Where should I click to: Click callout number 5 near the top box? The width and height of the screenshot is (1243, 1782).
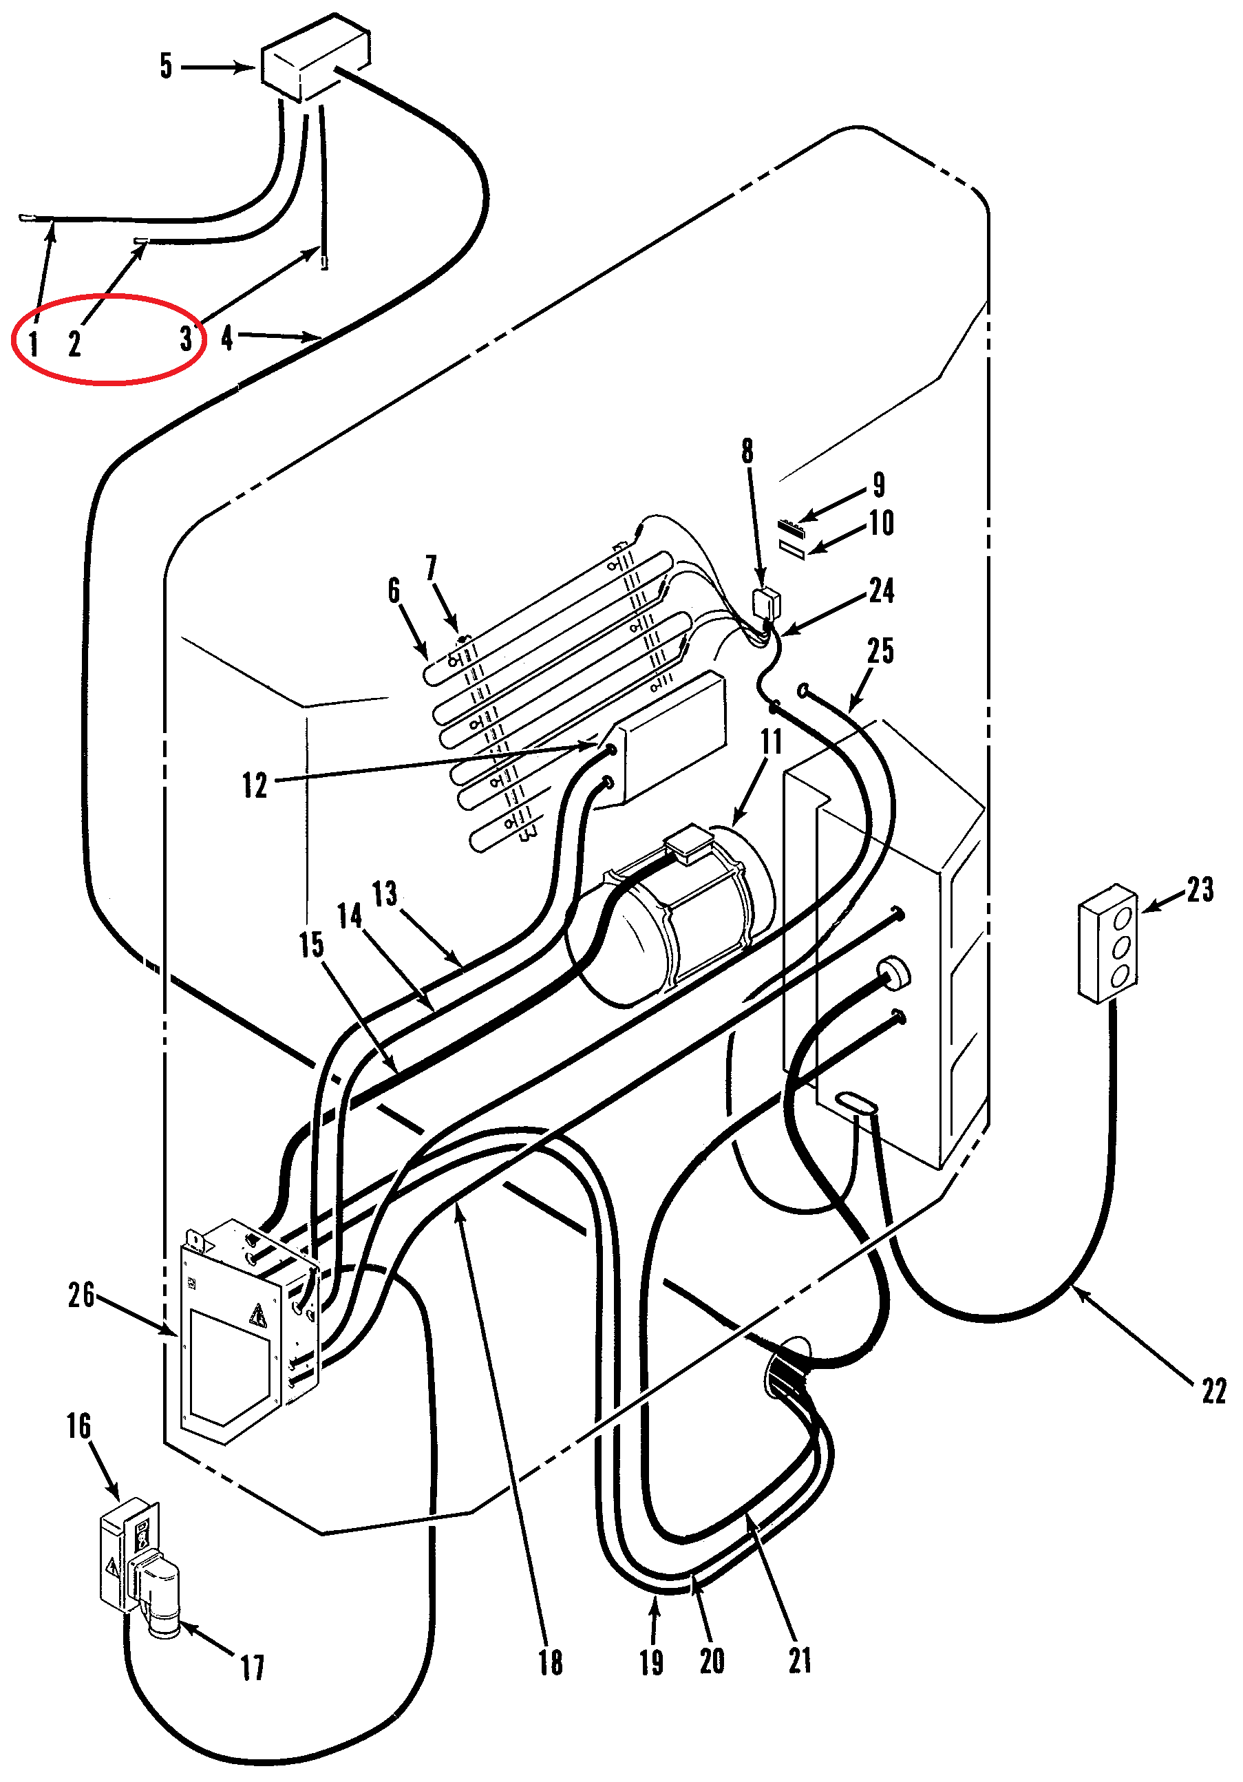coord(166,66)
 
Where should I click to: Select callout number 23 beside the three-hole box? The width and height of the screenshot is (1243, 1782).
coord(1200,889)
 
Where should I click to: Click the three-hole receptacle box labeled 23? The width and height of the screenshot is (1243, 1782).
coord(1108,943)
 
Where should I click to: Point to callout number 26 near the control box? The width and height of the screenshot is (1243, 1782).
coord(81,1295)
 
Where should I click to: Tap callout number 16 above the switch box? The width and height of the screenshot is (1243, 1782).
coord(78,1425)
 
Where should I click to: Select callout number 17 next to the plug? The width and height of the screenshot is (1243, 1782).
coord(252,1667)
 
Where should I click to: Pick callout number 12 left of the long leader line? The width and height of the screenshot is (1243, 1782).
coord(255,785)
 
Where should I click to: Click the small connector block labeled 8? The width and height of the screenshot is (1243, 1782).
coord(767,603)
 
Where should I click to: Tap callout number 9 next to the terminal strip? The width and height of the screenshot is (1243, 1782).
coord(879,485)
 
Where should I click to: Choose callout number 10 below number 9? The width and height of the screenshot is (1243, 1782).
coord(882,523)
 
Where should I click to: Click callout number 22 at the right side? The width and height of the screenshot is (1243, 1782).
coord(1214,1391)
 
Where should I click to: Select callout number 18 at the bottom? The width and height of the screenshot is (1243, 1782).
coord(550,1662)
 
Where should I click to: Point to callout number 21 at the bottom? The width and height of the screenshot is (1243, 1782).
coord(800,1660)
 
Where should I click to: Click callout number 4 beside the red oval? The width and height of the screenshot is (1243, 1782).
coord(226,338)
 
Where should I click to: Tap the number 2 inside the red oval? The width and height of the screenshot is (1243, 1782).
coord(74,342)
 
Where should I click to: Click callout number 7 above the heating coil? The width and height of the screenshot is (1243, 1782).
coord(432,567)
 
